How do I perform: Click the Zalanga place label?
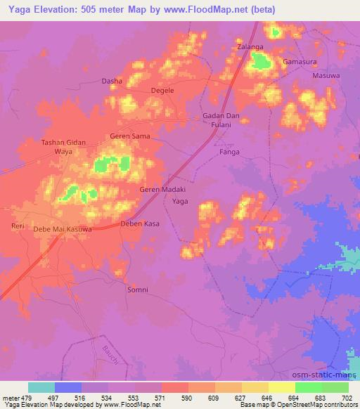coord(250,46)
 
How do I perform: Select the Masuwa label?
coord(326,75)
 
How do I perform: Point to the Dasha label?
coord(112,82)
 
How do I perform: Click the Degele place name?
coord(163,91)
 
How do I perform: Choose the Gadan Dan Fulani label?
coord(221,119)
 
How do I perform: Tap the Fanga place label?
coord(229,152)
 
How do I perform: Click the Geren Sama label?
coord(130,136)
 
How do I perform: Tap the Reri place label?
coord(18,226)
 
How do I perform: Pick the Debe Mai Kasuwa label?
coord(64,230)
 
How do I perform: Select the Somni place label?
coord(136,289)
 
